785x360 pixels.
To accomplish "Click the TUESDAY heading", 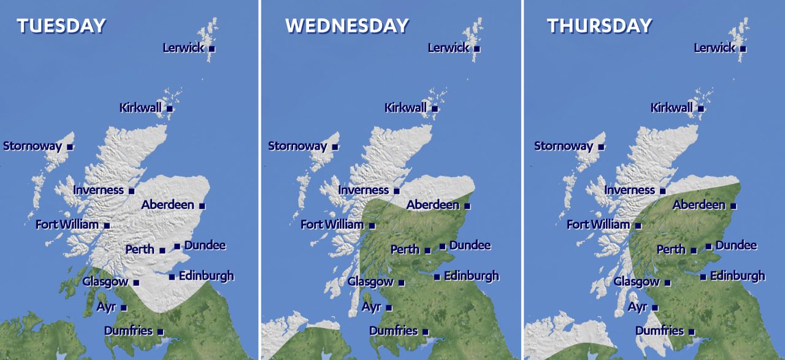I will (x=61, y=26).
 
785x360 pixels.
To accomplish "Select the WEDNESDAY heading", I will (x=347, y=26).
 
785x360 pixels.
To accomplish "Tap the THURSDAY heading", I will (x=599, y=26).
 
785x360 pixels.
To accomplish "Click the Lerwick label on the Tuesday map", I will (x=183, y=47).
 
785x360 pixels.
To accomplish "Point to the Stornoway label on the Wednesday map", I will (x=297, y=147).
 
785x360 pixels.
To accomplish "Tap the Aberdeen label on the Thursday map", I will (x=699, y=205).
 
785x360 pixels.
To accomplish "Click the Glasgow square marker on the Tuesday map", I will (x=136, y=283).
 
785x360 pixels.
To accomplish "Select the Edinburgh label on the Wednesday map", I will (x=471, y=276).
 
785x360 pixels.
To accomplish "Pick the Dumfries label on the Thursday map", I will (x=659, y=331).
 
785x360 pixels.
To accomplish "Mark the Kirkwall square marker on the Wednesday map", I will (x=435, y=109).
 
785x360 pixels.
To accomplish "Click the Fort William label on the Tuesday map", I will (x=67, y=224).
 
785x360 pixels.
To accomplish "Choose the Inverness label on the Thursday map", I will (x=629, y=190).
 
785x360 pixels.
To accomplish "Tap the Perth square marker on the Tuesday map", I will (x=162, y=250).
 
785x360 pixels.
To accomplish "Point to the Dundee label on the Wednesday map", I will (x=470, y=245).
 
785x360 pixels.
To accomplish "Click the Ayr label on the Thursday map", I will (x=637, y=307).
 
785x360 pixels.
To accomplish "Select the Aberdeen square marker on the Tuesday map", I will (x=202, y=206).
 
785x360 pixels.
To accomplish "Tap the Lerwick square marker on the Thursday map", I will (x=743, y=48).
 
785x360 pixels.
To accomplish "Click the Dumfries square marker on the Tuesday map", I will (x=160, y=332).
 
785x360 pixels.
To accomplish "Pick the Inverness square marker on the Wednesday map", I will (x=396, y=191).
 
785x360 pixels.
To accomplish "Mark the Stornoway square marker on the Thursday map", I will (x=601, y=147).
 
